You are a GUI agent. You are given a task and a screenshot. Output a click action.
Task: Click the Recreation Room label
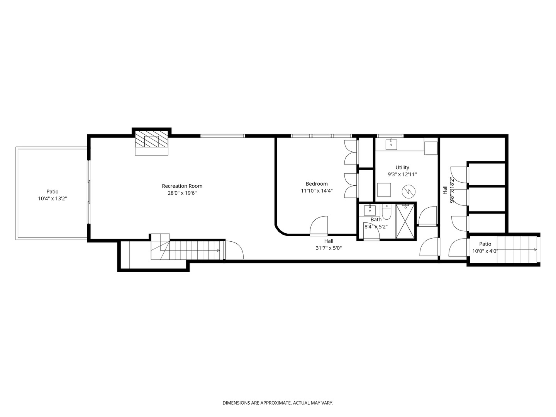pyautogui.click(x=182, y=186)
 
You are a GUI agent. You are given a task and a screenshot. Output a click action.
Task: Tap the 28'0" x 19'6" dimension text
pyautogui.click(x=182, y=193)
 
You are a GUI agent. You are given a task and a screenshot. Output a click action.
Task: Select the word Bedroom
pyautogui.click(x=316, y=184)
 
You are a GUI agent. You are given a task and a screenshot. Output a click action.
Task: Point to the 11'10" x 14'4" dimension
pyautogui.click(x=316, y=191)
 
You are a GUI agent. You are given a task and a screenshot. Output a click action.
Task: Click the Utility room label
pyautogui.click(x=402, y=167)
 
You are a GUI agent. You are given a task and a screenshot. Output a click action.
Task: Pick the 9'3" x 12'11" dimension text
pyautogui.click(x=402, y=175)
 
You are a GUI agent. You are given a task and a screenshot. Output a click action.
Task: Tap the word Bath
pyautogui.click(x=376, y=220)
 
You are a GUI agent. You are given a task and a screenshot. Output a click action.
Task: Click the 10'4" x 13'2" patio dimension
pyautogui.click(x=53, y=199)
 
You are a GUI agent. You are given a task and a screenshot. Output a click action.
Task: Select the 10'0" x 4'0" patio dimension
pyautogui.click(x=485, y=251)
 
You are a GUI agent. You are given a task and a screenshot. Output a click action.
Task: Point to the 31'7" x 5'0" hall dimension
pyautogui.click(x=329, y=248)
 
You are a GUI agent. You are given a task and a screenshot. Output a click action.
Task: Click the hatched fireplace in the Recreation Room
pyautogui.click(x=151, y=139)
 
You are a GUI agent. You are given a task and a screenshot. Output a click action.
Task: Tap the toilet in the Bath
pyautogui.click(x=386, y=212)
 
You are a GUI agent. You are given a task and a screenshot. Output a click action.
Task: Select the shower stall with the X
pyautogui.click(x=405, y=222)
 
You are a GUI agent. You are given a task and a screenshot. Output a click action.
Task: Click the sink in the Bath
pyautogui.click(x=370, y=210)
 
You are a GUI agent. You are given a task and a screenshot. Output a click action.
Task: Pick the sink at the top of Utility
pyautogui.click(x=392, y=144)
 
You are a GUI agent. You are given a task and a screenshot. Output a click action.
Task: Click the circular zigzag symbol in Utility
pyautogui.click(x=409, y=192)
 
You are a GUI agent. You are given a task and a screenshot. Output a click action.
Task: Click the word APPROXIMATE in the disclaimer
pyautogui.click(x=276, y=403)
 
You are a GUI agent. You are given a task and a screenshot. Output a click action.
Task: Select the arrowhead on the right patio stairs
pyautogui.click(x=535, y=250)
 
